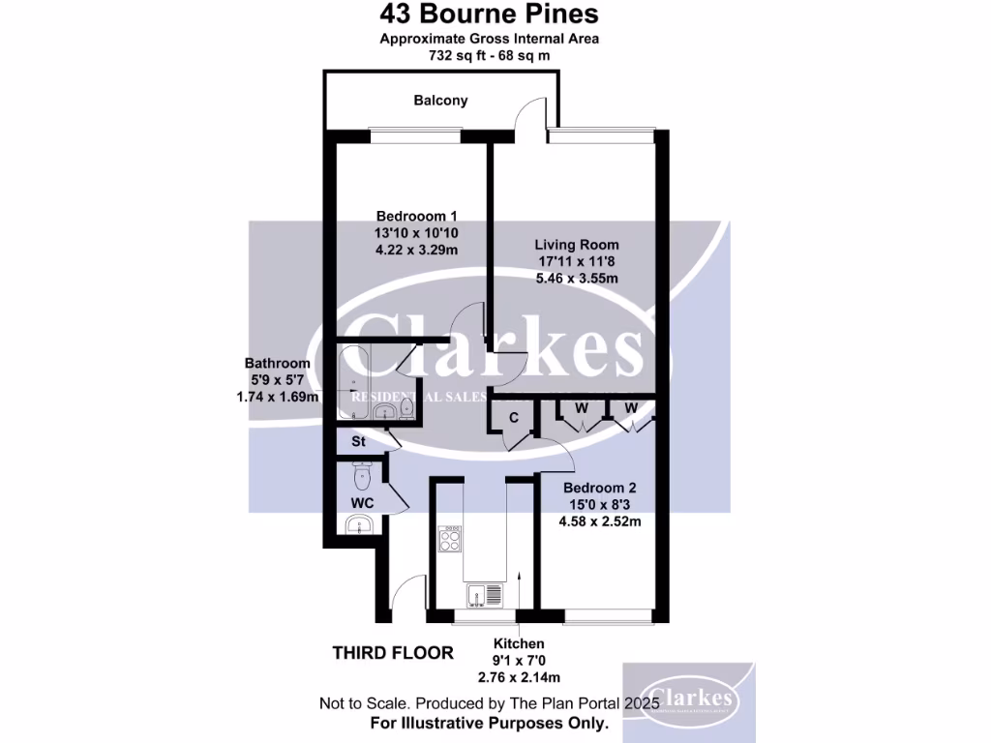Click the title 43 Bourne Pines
[489, 14]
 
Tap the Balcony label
[440, 100]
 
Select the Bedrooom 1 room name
[416, 215]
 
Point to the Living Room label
[579, 245]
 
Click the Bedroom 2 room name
[599, 488]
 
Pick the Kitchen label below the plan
[519, 643]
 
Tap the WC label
[363, 503]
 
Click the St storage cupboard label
[357, 442]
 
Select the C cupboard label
[514, 417]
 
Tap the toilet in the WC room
[363, 475]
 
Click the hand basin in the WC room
[361, 525]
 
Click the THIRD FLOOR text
[393, 653]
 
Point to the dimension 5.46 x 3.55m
[579, 279]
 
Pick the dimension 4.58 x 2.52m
[599, 521]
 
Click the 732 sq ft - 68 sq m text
[489, 55]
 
